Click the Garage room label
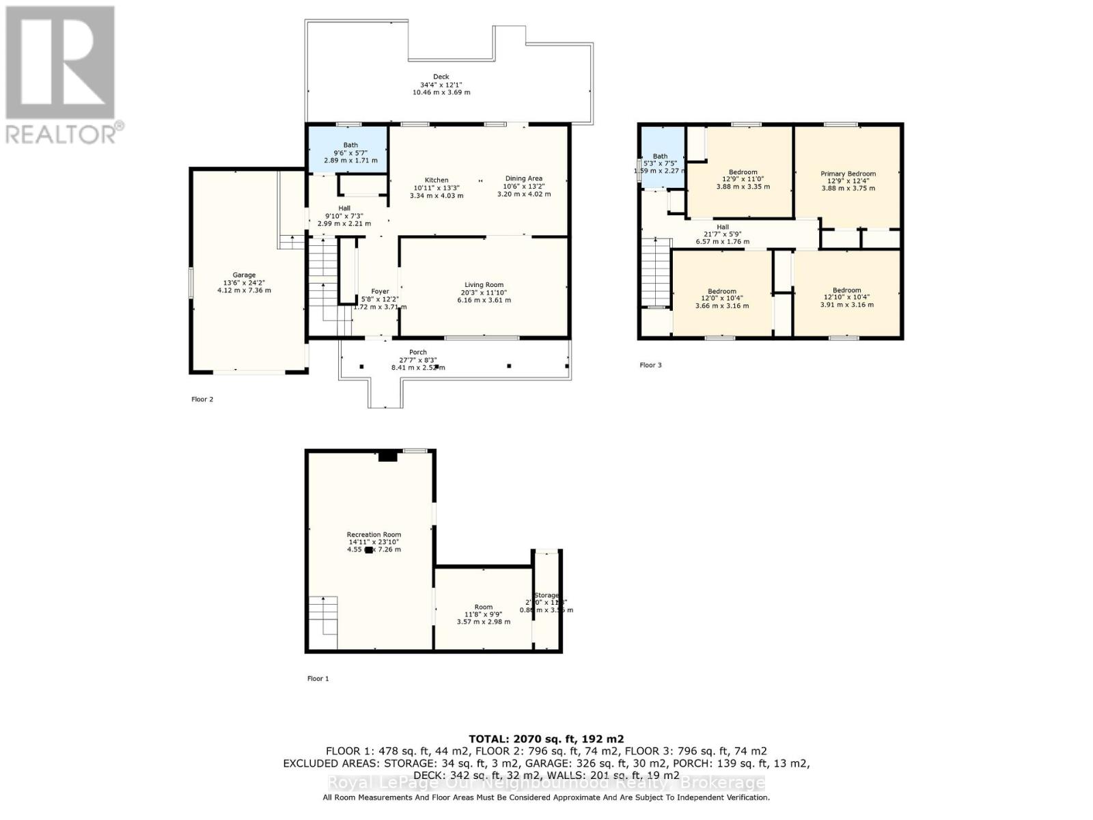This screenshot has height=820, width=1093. pyautogui.click(x=244, y=275)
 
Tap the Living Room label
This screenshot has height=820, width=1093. pyautogui.click(x=484, y=285)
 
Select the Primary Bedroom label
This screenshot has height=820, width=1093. pyautogui.click(x=848, y=174)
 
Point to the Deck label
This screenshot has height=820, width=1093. pyautogui.click(x=441, y=77)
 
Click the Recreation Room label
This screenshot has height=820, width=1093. pyautogui.click(x=374, y=535)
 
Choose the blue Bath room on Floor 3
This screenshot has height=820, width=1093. pyautogui.click(x=661, y=161)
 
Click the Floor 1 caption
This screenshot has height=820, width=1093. pyautogui.click(x=318, y=679)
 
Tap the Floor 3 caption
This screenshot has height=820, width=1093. pyautogui.click(x=650, y=365)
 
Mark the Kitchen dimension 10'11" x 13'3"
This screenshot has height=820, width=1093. pyautogui.click(x=437, y=188)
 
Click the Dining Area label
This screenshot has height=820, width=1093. pyautogui.click(x=523, y=178)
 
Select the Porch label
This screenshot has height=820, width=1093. pyautogui.click(x=417, y=353)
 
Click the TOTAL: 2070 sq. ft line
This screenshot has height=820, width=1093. pyautogui.click(x=546, y=739)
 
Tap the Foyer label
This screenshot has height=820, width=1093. pyautogui.click(x=380, y=292)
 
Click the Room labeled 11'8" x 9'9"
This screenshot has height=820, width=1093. pyautogui.click(x=483, y=607)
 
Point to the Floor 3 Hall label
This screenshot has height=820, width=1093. pyautogui.click(x=722, y=227)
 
